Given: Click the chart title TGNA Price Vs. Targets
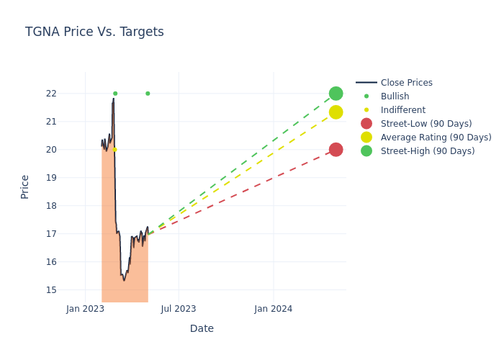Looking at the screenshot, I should tap(94, 32).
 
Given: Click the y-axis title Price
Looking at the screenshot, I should tap(25, 186).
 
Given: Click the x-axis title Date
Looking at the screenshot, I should tap(202, 328).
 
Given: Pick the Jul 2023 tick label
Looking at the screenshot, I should tap(179, 309).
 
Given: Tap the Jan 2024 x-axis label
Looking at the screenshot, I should tap(274, 309).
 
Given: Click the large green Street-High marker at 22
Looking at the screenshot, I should tap(336, 94).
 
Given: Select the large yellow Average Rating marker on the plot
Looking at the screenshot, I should tap(336, 112).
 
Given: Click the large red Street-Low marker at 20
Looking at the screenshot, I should tap(336, 150).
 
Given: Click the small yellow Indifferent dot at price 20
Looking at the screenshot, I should tap(114, 150).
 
